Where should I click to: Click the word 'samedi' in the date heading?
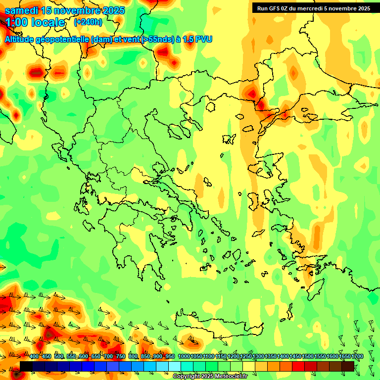click(x=20, y=10)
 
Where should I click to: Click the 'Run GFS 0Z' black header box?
click(x=312, y=8)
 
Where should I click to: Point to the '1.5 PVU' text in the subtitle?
click(x=196, y=39)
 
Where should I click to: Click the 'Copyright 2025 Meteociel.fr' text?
click(x=210, y=377)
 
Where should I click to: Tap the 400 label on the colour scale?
click(x=34, y=357)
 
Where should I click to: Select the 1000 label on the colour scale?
click(x=184, y=357)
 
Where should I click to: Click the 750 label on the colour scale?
click(x=120, y=357)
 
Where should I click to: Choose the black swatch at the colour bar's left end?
click(x=26, y=366)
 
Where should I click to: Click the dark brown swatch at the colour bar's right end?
click(x=348, y=366)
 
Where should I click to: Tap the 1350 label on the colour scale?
click(x=271, y=357)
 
